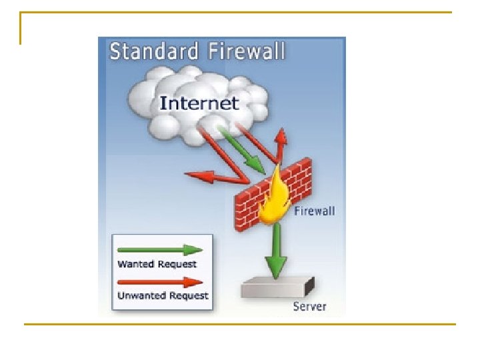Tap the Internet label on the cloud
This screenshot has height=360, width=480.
pos(199,103)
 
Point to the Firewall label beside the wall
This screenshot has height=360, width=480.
pos(315,211)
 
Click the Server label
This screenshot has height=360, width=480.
pos(310,307)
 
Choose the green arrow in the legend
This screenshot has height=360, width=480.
pos(159,251)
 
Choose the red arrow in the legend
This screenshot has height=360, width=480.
pos(159,282)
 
